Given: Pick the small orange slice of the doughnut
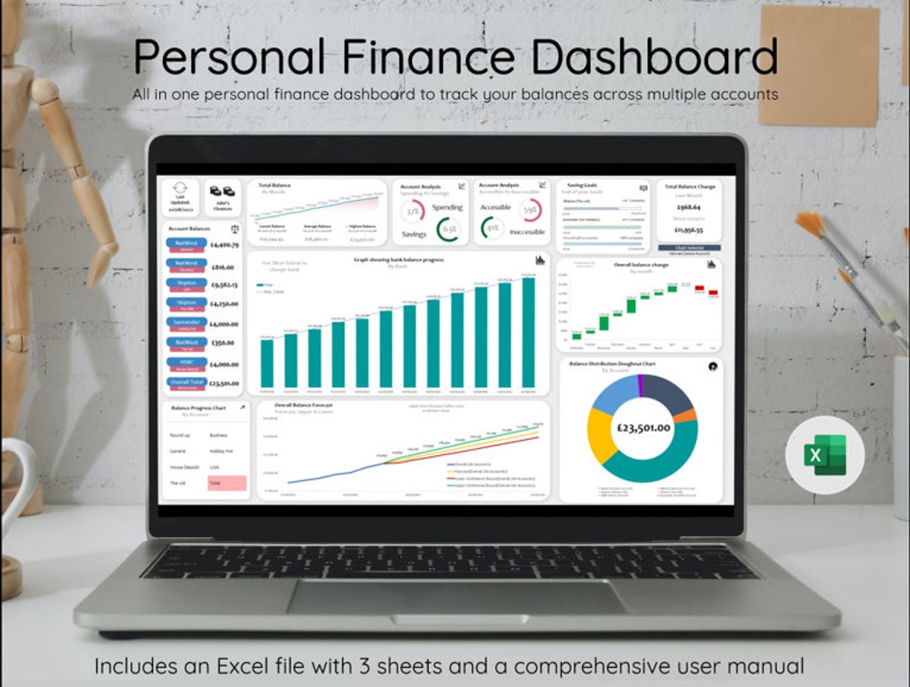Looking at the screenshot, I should [x=687, y=416].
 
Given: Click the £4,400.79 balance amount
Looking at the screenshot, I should [x=224, y=245].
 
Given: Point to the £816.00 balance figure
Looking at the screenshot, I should [x=222, y=266].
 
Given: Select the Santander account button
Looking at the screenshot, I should [x=186, y=324].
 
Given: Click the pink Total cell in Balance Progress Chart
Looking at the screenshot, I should [x=227, y=483].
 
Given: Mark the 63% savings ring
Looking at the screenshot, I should [x=448, y=229].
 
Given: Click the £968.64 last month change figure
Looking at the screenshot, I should [x=688, y=207].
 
